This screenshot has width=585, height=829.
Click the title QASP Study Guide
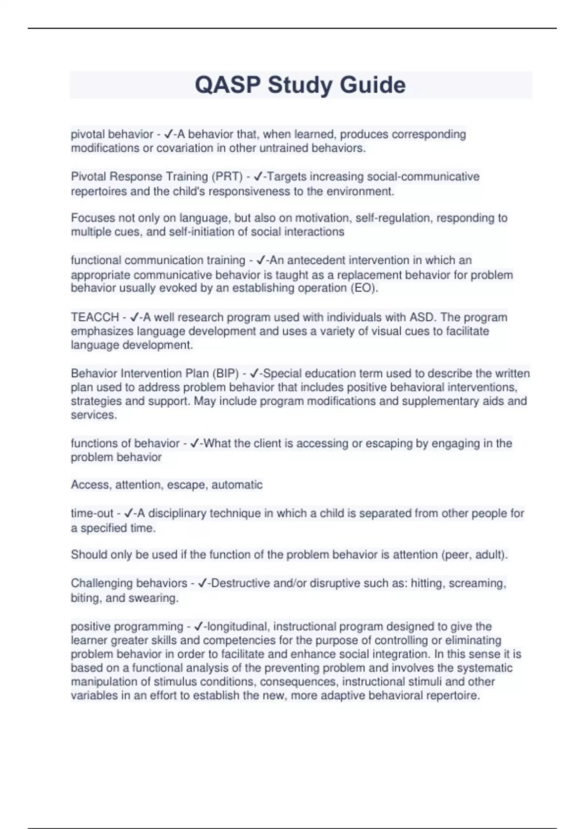300,85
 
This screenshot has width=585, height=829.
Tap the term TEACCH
95,317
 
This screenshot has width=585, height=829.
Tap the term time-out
92,513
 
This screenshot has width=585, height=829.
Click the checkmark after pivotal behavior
169,134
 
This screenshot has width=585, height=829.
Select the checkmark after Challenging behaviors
203,583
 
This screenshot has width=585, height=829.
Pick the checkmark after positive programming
198,627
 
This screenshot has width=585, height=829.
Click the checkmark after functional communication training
261,260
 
